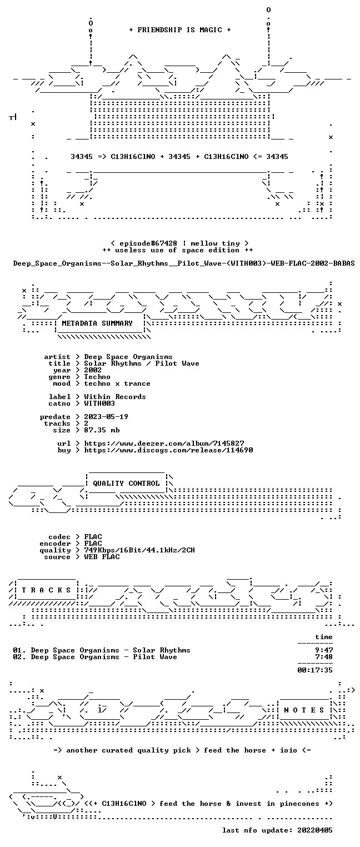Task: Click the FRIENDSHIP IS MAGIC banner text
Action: click(x=180, y=30)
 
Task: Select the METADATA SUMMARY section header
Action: click(x=97, y=323)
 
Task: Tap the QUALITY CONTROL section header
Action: click(x=126, y=483)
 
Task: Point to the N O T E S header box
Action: click(x=304, y=710)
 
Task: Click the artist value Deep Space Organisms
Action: click(x=128, y=357)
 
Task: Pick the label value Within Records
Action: click(x=115, y=397)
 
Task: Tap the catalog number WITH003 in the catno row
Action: click(x=99, y=403)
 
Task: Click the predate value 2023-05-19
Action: click(x=106, y=417)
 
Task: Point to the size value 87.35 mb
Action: click(x=102, y=430)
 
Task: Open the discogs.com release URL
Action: click(x=168, y=450)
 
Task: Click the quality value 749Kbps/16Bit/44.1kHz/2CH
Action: click(x=139, y=550)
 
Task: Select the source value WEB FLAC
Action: click(x=102, y=557)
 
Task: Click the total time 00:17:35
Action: click(x=315, y=670)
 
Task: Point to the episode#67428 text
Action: click(x=148, y=243)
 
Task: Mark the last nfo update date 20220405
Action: click(x=315, y=830)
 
